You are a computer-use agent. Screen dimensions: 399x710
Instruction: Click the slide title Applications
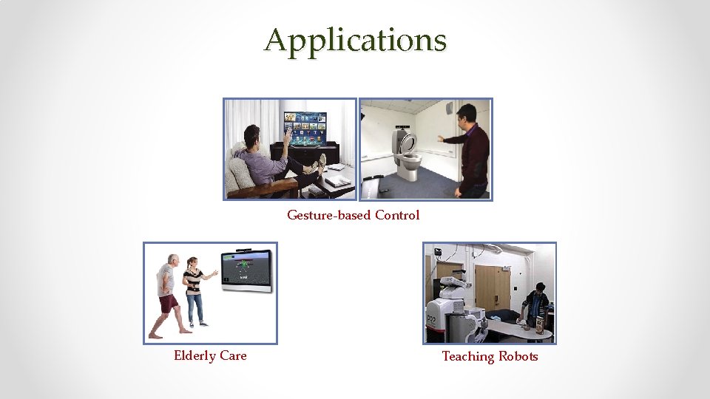[355, 40]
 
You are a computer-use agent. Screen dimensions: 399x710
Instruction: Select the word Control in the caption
[397, 215]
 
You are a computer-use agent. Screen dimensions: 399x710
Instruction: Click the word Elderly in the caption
[195, 355]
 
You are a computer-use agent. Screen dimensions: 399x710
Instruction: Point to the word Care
[234, 355]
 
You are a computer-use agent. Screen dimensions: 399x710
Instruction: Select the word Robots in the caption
[518, 356]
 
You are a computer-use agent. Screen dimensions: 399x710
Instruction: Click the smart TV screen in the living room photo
[305, 128]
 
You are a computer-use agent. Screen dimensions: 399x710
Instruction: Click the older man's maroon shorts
[169, 303]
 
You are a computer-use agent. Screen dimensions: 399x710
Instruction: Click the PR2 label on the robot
[431, 318]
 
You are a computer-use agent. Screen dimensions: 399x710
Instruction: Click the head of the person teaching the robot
[540, 288]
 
